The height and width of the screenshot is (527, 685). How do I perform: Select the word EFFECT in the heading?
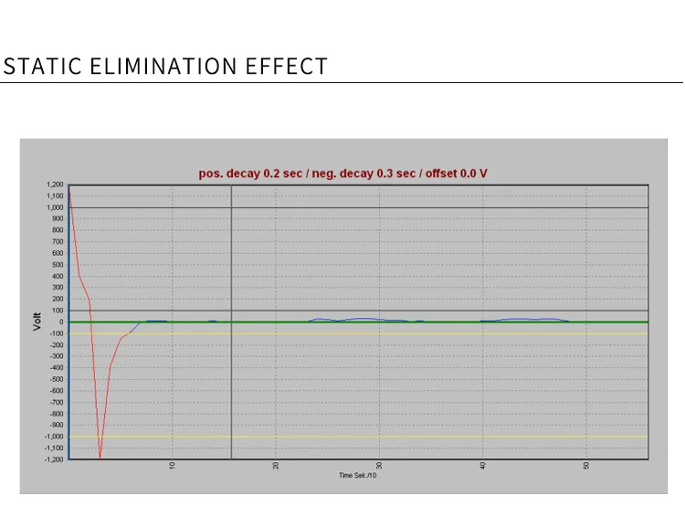(x=287, y=67)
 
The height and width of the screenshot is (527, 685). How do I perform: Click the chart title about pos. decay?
(x=342, y=174)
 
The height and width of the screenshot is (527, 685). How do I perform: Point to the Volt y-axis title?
(x=37, y=321)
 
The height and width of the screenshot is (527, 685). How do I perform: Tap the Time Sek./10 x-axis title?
(x=357, y=475)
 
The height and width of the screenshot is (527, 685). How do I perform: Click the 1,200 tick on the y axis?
(x=54, y=185)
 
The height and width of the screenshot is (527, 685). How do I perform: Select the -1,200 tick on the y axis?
(x=53, y=459)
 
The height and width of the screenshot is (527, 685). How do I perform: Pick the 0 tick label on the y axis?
(x=61, y=322)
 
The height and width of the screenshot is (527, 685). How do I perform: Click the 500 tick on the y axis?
(x=57, y=265)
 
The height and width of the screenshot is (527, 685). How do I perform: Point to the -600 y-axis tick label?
(x=55, y=391)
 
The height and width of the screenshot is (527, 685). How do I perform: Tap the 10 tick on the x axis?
(x=173, y=466)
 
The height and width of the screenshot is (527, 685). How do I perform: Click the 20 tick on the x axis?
(x=276, y=466)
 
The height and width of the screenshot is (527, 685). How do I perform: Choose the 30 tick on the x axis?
(x=379, y=466)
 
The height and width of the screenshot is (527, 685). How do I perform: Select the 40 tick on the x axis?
(x=482, y=466)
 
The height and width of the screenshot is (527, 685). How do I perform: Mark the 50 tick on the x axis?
(x=585, y=466)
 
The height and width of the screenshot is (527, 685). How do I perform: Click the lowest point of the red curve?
(x=100, y=457)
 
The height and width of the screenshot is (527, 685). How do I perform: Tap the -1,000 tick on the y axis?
(x=53, y=437)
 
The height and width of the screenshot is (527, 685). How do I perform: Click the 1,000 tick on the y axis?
(x=54, y=208)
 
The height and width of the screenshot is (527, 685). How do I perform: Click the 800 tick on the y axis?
(x=57, y=231)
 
